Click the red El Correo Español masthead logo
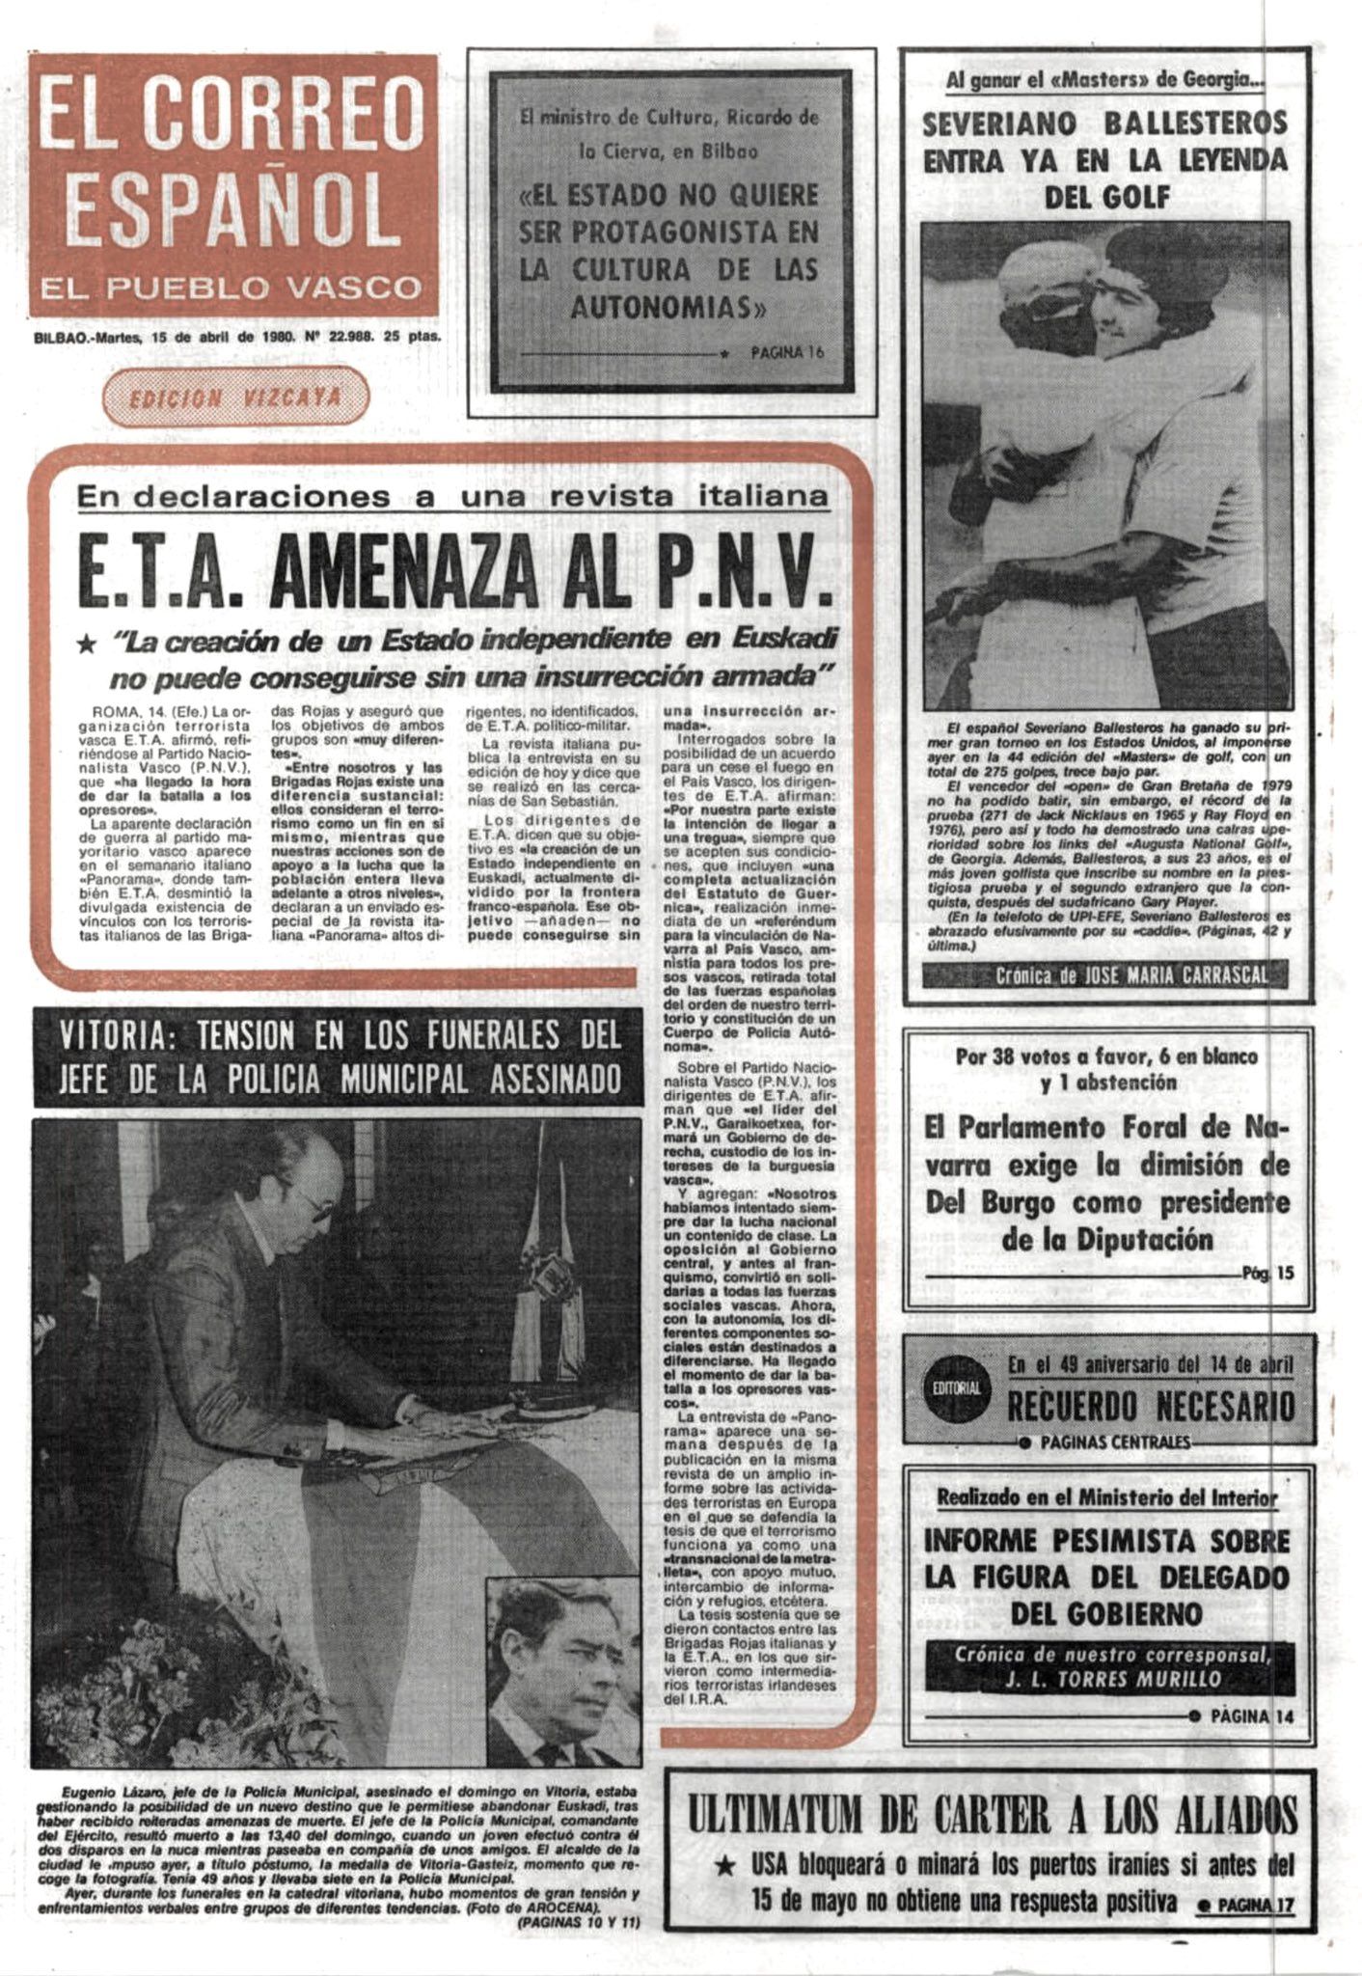pos(232,183)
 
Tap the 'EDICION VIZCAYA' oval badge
pos(235,396)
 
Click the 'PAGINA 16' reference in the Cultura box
pos(786,353)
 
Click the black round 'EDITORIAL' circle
pos(956,1387)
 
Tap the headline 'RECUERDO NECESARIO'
pos(1151,1407)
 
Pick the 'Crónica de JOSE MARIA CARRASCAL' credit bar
pos(1105,975)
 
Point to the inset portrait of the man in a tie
pos(562,1679)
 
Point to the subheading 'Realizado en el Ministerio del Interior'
pos(1107,1498)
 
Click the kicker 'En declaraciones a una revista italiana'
pos(452,497)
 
